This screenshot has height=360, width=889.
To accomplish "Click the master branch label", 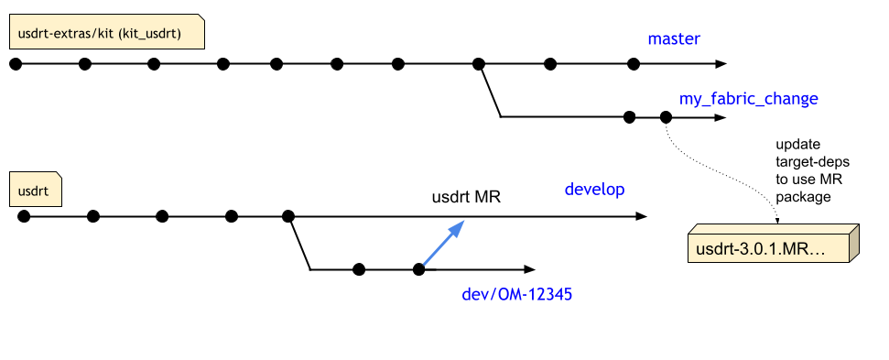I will (674, 38).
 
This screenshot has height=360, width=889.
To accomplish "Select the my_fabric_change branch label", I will (748, 98).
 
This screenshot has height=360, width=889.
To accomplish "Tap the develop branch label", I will (594, 190).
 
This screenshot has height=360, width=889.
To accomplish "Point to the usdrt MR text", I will (466, 197).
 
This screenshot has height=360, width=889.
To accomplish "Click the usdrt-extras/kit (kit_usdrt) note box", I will (106, 34).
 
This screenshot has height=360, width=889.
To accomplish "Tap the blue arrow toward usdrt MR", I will (442, 246).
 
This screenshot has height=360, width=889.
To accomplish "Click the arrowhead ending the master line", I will (721, 64).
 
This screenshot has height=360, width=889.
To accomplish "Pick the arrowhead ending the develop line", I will (641, 216).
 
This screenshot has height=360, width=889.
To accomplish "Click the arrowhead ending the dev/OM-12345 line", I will (528, 269).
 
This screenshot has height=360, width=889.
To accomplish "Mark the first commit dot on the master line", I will (15, 64).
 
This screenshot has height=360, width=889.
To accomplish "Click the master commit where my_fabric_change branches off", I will (478, 64).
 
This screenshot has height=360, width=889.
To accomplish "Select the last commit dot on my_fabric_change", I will (666, 117).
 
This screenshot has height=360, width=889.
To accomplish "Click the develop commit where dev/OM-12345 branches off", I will (288, 216).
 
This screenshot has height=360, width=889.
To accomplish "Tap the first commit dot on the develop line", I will (23, 216).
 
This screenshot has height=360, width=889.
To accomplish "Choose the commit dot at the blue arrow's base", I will (419, 269).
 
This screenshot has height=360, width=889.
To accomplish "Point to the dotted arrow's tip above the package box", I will (778, 221).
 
